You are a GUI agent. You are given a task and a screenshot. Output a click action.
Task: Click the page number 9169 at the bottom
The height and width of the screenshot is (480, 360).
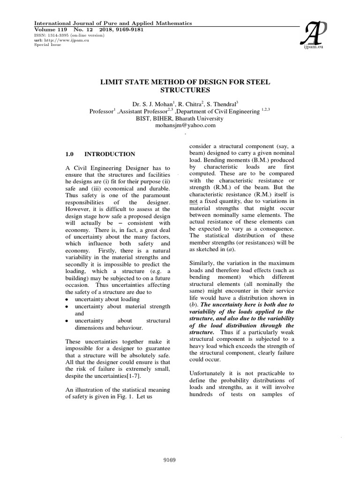[169, 460]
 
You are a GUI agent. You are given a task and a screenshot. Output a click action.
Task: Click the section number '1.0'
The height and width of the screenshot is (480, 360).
[70, 154]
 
